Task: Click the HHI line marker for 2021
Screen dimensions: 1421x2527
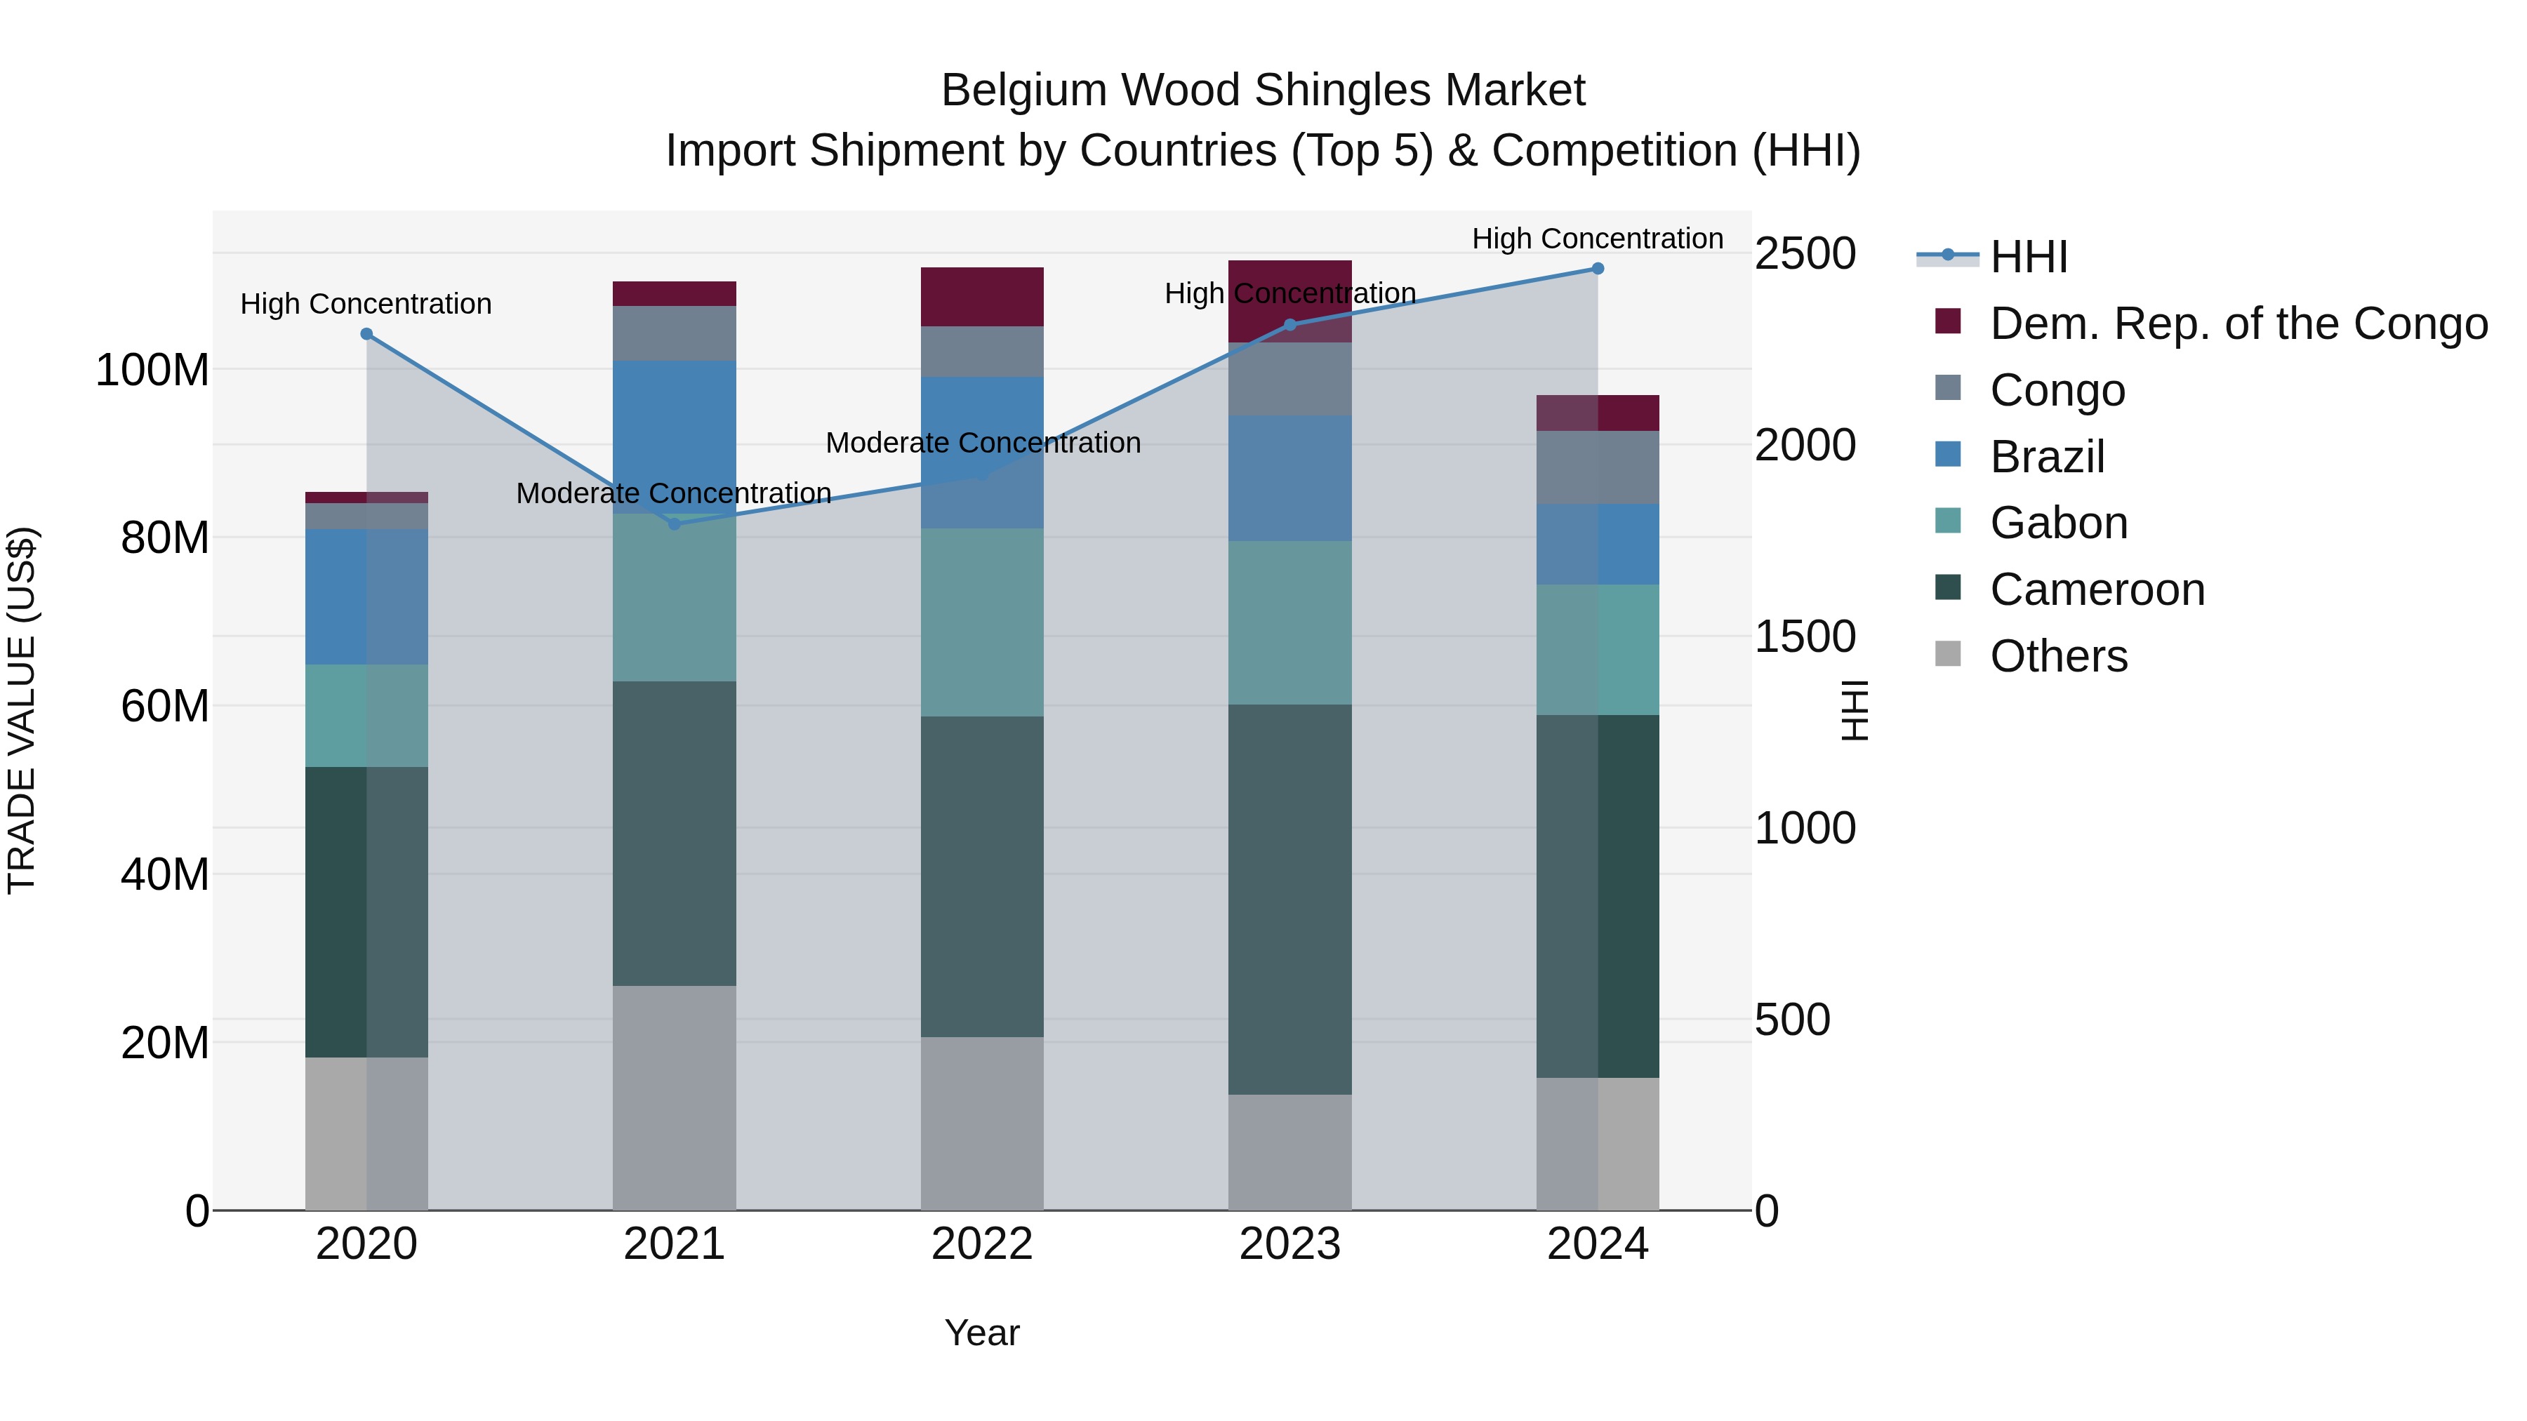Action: pyautogui.click(x=674, y=523)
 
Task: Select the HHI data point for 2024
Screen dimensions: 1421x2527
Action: pyautogui.click(x=1597, y=269)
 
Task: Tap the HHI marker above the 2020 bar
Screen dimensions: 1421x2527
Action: pyautogui.click(x=367, y=333)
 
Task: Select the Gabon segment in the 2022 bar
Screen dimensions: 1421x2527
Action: pyautogui.click(x=982, y=622)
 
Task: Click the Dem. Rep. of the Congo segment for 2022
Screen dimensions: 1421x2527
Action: pyautogui.click(x=982, y=296)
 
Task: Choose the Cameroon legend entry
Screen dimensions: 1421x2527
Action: pyautogui.click(x=2096, y=589)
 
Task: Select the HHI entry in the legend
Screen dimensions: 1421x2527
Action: pyautogui.click(x=2028, y=257)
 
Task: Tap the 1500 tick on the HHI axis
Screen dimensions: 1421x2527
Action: pyautogui.click(x=1804, y=637)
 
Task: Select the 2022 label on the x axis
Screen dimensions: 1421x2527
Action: pyautogui.click(x=982, y=1244)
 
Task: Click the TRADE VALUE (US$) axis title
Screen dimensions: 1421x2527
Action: pyautogui.click(x=22, y=710)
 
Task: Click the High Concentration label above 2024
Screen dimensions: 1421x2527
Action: pyautogui.click(x=1597, y=239)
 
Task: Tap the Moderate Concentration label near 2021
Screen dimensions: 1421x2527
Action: pyautogui.click(x=674, y=493)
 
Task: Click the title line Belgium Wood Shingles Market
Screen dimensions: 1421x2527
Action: pyautogui.click(x=1263, y=91)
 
